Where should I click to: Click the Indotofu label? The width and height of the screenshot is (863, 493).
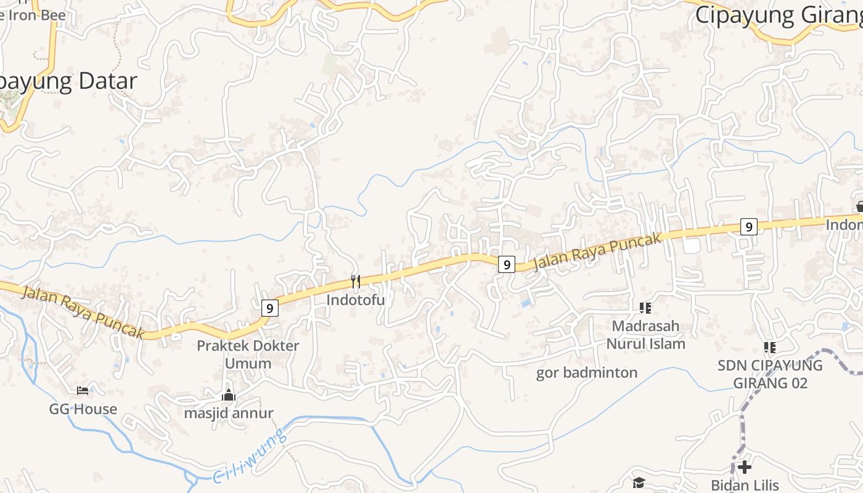[355, 300]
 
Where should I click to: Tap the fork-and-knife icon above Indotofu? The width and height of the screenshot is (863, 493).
[355, 282]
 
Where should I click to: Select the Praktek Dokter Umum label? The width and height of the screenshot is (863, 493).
[248, 354]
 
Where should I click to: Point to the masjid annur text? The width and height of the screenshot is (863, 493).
[228, 413]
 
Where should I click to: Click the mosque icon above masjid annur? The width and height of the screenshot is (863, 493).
[229, 395]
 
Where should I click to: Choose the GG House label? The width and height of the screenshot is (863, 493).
[83, 409]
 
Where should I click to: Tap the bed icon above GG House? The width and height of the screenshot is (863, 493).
[83, 390]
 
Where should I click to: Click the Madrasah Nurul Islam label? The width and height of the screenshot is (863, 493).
[645, 335]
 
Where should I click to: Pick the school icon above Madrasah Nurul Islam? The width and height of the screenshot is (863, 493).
[645, 308]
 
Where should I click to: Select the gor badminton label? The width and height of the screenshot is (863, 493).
[587, 373]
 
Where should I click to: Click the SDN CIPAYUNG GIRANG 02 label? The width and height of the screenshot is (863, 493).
[770, 374]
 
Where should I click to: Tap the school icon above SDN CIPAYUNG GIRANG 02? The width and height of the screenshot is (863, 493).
[769, 348]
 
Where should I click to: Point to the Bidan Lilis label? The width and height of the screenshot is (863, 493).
[745, 486]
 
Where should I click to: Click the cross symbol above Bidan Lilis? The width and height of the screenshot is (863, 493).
[745, 467]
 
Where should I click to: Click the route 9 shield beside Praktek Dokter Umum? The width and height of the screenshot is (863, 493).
[269, 308]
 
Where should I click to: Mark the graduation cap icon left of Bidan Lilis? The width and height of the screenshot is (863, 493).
[639, 483]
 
